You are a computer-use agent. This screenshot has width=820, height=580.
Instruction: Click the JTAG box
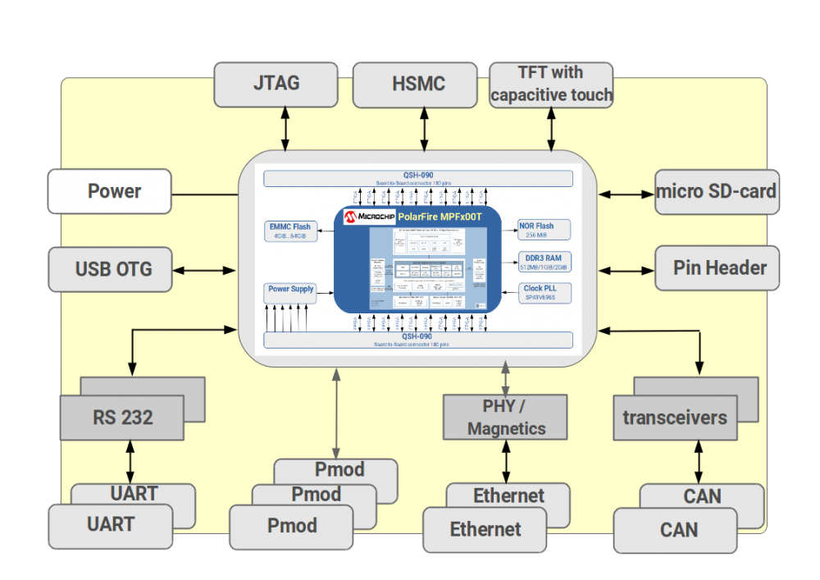click(x=276, y=84)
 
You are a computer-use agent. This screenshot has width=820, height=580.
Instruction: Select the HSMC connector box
click(x=414, y=84)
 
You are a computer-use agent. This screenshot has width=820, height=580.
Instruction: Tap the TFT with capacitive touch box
click(x=551, y=84)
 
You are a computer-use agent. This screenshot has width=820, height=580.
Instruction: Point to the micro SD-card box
click(x=717, y=192)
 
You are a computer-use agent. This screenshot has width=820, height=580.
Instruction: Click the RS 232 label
click(x=122, y=418)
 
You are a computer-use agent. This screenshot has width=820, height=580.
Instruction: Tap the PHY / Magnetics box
click(x=505, y=417)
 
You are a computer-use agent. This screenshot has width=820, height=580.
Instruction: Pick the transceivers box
click(x=675, y=418)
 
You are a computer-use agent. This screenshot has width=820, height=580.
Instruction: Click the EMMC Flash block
click(x=289, y=231)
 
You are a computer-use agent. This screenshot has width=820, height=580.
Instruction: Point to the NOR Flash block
click(x=542, y=230)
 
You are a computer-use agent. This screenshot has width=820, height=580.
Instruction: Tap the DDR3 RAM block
click(x=542, y=262)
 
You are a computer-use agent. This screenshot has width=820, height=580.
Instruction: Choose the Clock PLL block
click(x=542, y=293)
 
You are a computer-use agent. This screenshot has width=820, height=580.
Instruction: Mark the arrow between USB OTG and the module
click(x=204, y=269)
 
